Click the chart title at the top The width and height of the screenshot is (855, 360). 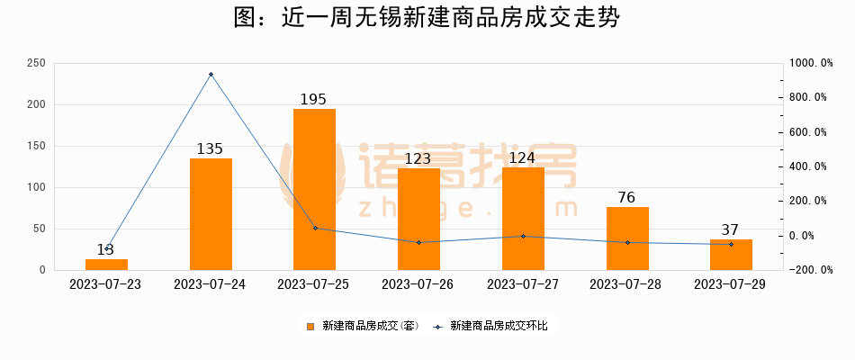(x=427, y=19)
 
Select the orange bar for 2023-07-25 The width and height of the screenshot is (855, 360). (x=314, y=189)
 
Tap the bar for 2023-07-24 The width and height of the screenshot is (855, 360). (x=211, y=213)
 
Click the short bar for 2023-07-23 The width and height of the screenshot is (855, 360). (x=106, y=265)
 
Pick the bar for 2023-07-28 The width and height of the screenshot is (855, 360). (x=627, y=238)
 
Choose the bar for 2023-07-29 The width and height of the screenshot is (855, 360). (x=731, y=255)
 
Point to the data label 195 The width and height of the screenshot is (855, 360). (x=313, y=99)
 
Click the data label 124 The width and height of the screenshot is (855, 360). (x=523, y=158)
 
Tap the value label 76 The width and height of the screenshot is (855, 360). (x=627, y=197)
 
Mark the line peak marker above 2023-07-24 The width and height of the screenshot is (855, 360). (x=211, y=75)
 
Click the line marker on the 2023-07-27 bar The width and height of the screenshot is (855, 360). (x=523, y=236)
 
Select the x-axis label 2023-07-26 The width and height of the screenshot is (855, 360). (x=418, y=284)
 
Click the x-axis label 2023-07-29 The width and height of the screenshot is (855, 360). (x=731, y=284)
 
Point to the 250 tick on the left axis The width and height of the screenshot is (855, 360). (x=37, y=63)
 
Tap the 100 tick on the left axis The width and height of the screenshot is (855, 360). (x=37, y=187)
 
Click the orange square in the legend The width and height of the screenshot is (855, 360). (x=310, y=327)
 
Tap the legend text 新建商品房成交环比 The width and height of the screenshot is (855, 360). (x=499, y=327)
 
